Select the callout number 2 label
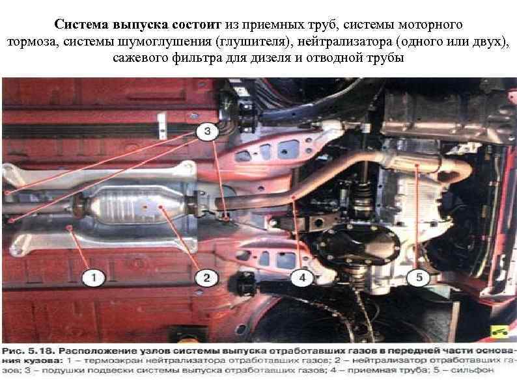[x=206, y=278]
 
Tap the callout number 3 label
[x=207, y=132]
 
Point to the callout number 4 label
[x=301, y=278]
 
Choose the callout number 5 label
[x=419, y=278]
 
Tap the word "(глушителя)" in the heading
[x=258, y=42]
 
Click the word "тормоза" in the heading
[x=33, y=42]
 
